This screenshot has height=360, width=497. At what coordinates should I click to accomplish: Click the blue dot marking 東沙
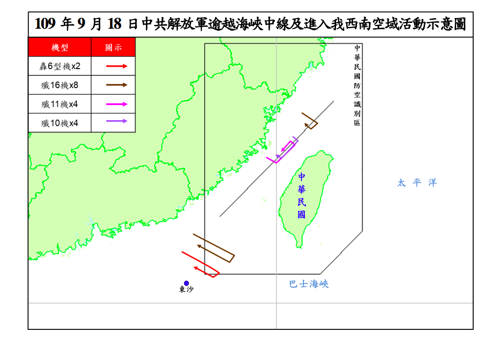(186, 283)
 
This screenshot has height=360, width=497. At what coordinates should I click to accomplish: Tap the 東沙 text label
(186, 290)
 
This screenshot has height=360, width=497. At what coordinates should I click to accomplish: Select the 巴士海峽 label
(309, 284)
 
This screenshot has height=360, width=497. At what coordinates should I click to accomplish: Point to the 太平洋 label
(417, 183)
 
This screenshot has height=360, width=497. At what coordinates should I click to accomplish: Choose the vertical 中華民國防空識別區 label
(357, 86)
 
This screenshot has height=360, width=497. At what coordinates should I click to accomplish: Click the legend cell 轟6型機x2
(60, 66)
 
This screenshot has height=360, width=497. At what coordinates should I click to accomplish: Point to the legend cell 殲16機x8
(60, 85)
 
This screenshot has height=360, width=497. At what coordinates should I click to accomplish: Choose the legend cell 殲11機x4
(60, 104)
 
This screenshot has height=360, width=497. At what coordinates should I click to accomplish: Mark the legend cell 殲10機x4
(60, 123)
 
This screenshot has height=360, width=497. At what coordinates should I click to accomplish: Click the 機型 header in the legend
(60, 48)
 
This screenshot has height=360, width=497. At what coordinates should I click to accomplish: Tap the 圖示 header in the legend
(113, 48)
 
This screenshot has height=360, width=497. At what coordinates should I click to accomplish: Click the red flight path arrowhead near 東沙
(195, 268)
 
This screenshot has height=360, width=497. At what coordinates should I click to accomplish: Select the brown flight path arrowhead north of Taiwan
(307, 126)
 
